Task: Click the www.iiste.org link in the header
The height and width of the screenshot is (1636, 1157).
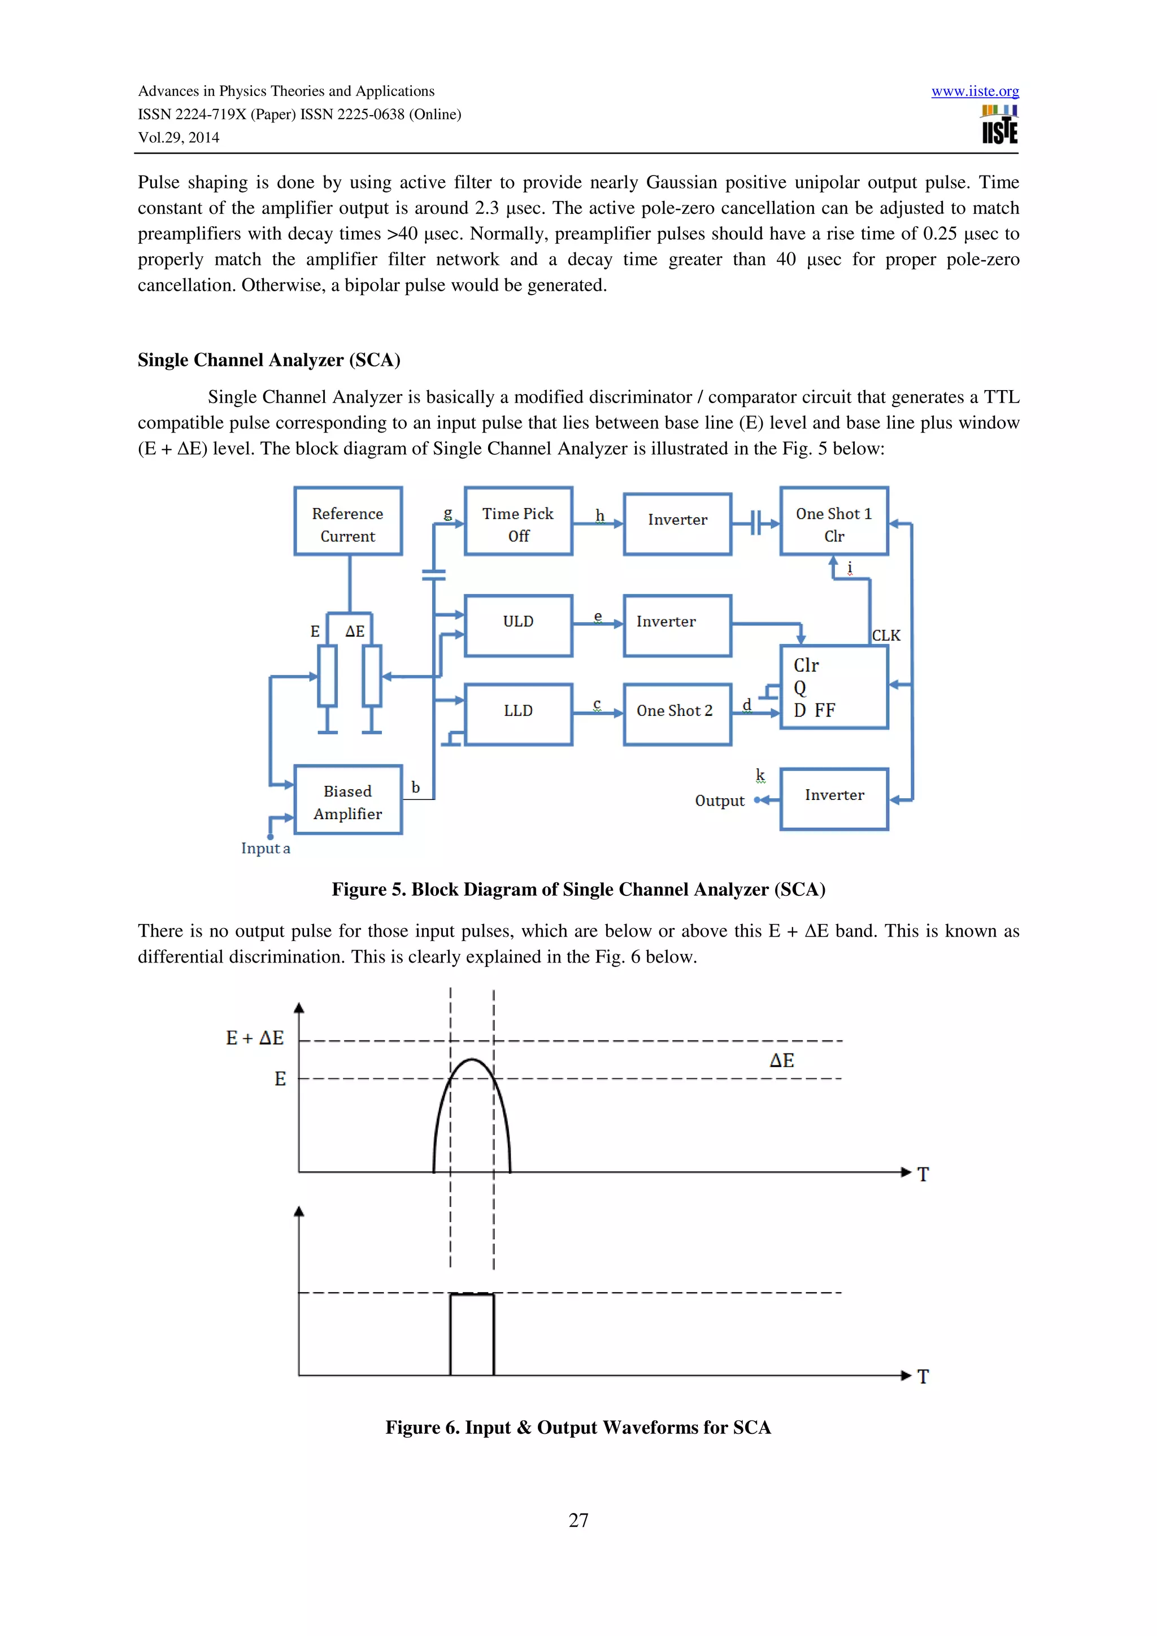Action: tap(975, 91)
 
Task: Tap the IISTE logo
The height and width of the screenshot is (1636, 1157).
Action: tap(999, 125)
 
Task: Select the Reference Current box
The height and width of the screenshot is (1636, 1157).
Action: tap(348, 522)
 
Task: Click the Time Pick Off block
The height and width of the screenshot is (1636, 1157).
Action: tap(518, 522)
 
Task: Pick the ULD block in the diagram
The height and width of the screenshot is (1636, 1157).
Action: tap(518, 625)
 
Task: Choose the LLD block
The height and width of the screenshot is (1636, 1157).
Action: tap(518, 714)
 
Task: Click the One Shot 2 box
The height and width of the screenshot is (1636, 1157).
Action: tap(677, 714)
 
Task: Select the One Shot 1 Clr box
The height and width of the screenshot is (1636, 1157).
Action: tap(833, 522)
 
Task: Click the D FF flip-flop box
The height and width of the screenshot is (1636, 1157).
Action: tap(833, 687)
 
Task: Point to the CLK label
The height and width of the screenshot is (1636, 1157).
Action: tap(886, 636)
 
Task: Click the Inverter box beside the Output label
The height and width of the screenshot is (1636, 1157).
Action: tap(833, 798)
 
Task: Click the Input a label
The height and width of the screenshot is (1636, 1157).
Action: tap(265, 848)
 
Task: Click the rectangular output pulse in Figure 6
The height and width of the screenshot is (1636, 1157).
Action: tap(472, 1334)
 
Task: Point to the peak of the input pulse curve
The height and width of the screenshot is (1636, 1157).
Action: tap(472, 1060)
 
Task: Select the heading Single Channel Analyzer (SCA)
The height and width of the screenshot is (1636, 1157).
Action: tap(269, 360)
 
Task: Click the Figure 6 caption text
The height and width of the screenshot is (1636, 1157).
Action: tap(578, 1427)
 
